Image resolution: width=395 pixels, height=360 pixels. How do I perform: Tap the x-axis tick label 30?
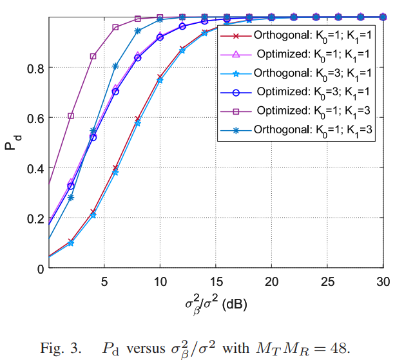(381, 281)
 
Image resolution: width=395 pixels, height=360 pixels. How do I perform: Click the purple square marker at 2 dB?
(71, 116)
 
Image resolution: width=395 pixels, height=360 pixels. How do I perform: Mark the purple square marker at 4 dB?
(93, 56)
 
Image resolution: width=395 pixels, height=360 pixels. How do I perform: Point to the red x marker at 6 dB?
(115, 167)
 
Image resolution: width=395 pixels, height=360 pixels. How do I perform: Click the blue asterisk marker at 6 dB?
(115, 66)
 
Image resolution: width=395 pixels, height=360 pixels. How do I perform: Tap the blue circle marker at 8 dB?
(137, 58)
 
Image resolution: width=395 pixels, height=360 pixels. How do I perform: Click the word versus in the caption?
(145, 348)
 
